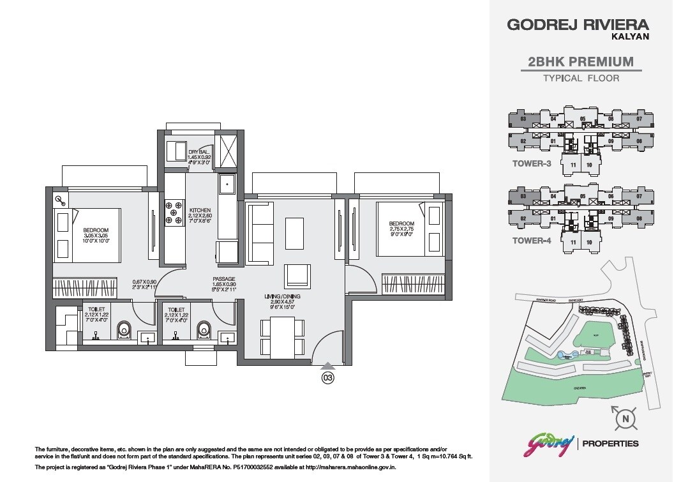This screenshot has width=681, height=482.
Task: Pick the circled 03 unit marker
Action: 327,377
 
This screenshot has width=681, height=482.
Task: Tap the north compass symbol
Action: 625,418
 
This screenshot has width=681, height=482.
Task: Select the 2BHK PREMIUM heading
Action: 581,62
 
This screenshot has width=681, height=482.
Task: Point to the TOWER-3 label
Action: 532,163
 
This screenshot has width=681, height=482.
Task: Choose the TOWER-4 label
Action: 532,241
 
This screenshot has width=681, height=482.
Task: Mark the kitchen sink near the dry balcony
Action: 227,185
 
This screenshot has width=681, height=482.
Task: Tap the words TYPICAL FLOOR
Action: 581,79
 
